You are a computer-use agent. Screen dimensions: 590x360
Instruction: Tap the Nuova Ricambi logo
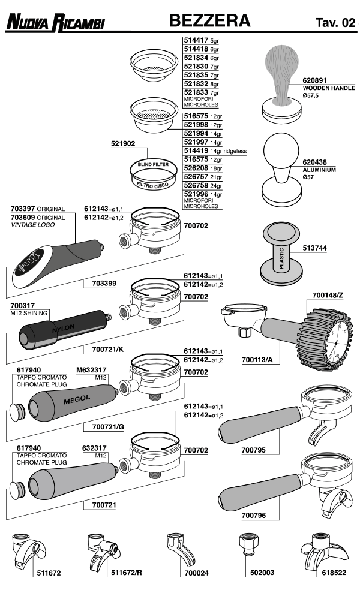pos(55,23)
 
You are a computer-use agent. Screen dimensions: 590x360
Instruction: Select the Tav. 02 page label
pos(335,23)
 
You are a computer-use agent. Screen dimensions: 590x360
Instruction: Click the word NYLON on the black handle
pos(63,330)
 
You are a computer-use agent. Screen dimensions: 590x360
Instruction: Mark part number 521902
pos(123,144)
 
